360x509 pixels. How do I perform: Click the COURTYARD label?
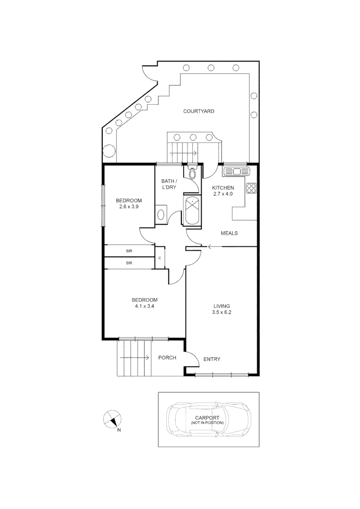click(199, 111)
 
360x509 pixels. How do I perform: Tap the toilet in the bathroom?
click(192, 173)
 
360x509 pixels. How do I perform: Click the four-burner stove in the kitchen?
click(251, 189)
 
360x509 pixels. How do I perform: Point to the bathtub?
click(192, 211)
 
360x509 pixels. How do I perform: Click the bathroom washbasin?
click(160, 214)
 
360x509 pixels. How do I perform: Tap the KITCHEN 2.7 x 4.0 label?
click(222, 191)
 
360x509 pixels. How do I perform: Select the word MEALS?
click(229, 233)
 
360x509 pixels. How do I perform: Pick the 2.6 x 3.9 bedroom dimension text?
click(129, 206)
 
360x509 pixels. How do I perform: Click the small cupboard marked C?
click(160, 258)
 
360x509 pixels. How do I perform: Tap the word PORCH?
click(167, 358)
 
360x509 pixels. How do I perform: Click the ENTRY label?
click(212, 360)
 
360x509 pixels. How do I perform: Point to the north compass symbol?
click(112, 419)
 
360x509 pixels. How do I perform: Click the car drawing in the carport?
click(208, 419)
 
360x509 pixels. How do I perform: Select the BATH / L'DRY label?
click(169, 184)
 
